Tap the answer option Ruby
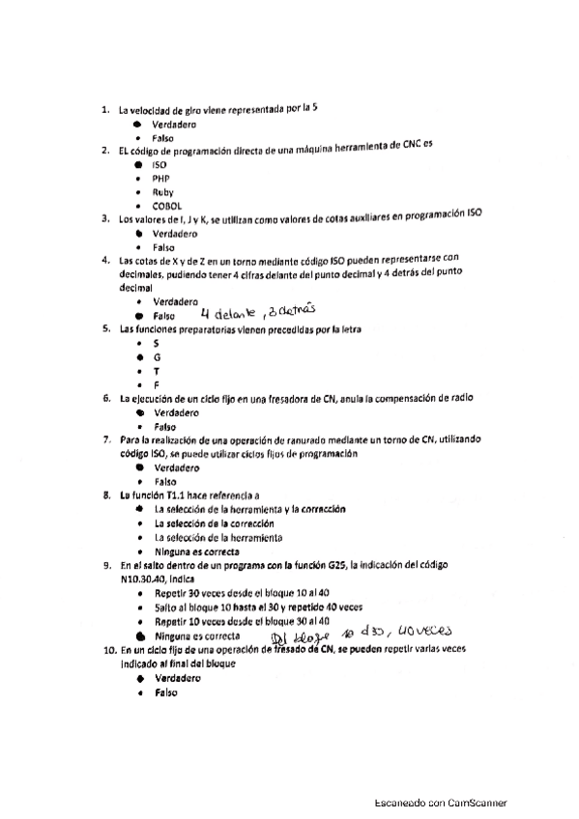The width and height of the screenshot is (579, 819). point(161,192)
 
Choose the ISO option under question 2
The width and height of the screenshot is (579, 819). point(159,165)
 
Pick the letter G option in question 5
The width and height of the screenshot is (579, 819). point(157,356)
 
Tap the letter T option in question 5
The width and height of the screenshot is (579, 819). point(157,370)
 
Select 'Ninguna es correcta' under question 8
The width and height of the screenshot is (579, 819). point(197,551)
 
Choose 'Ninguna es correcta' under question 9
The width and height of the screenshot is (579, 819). point(197,636)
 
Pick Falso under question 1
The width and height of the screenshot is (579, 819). point(156,138)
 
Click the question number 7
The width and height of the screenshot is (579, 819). point(106,439)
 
